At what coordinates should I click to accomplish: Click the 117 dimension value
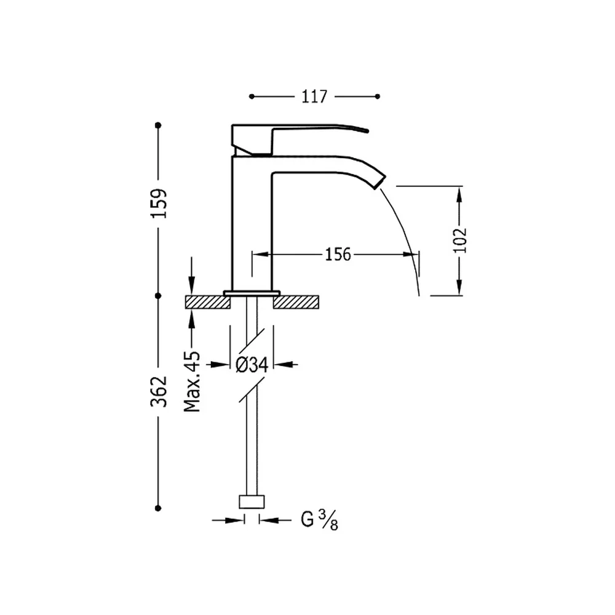pos(314,97)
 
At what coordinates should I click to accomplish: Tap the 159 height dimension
pos(159,203)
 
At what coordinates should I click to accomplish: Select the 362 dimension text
pos(159,391)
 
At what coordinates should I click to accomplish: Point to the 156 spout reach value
pos(338,255)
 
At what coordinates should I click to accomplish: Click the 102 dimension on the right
pos(460,240)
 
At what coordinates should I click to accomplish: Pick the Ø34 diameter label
pos(252,365)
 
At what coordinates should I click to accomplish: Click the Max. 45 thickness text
pos(192,382)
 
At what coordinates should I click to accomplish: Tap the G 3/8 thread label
pos(319,520)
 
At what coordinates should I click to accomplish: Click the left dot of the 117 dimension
pos(252,97)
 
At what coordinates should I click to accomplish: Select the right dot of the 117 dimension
pos(378,97)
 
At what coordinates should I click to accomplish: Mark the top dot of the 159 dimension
pos(158,125)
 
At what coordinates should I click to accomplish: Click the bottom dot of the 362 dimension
pos(158,508)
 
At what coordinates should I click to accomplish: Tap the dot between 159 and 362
pos(158,296)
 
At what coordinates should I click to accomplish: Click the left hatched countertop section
pos(207,302)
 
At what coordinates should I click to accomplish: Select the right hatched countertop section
pos(296,302)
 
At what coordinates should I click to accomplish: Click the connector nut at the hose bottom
pos(252,502)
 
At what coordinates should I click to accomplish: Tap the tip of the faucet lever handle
pos(367,130)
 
